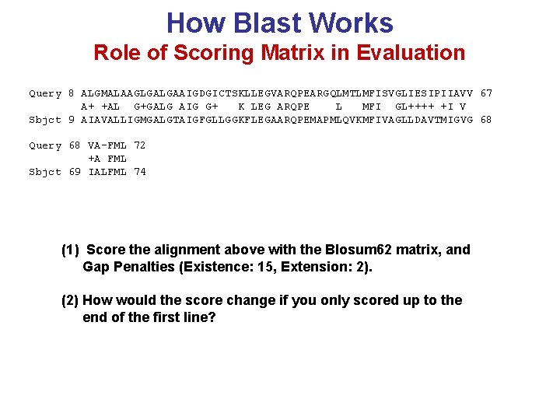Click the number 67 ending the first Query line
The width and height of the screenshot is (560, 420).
(486, 93)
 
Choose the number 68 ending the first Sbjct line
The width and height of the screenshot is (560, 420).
(486, 120)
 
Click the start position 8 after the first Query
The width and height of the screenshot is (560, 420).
(72, 93)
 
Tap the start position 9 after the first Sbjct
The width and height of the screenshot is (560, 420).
(72, 120)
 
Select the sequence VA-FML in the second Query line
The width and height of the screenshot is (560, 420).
(107, 145)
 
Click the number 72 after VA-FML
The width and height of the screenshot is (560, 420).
(140, 145)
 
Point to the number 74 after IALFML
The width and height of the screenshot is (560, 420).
(140, 172)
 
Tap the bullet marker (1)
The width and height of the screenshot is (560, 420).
(70, 250)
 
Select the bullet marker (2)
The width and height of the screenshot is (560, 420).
(70, 300)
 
